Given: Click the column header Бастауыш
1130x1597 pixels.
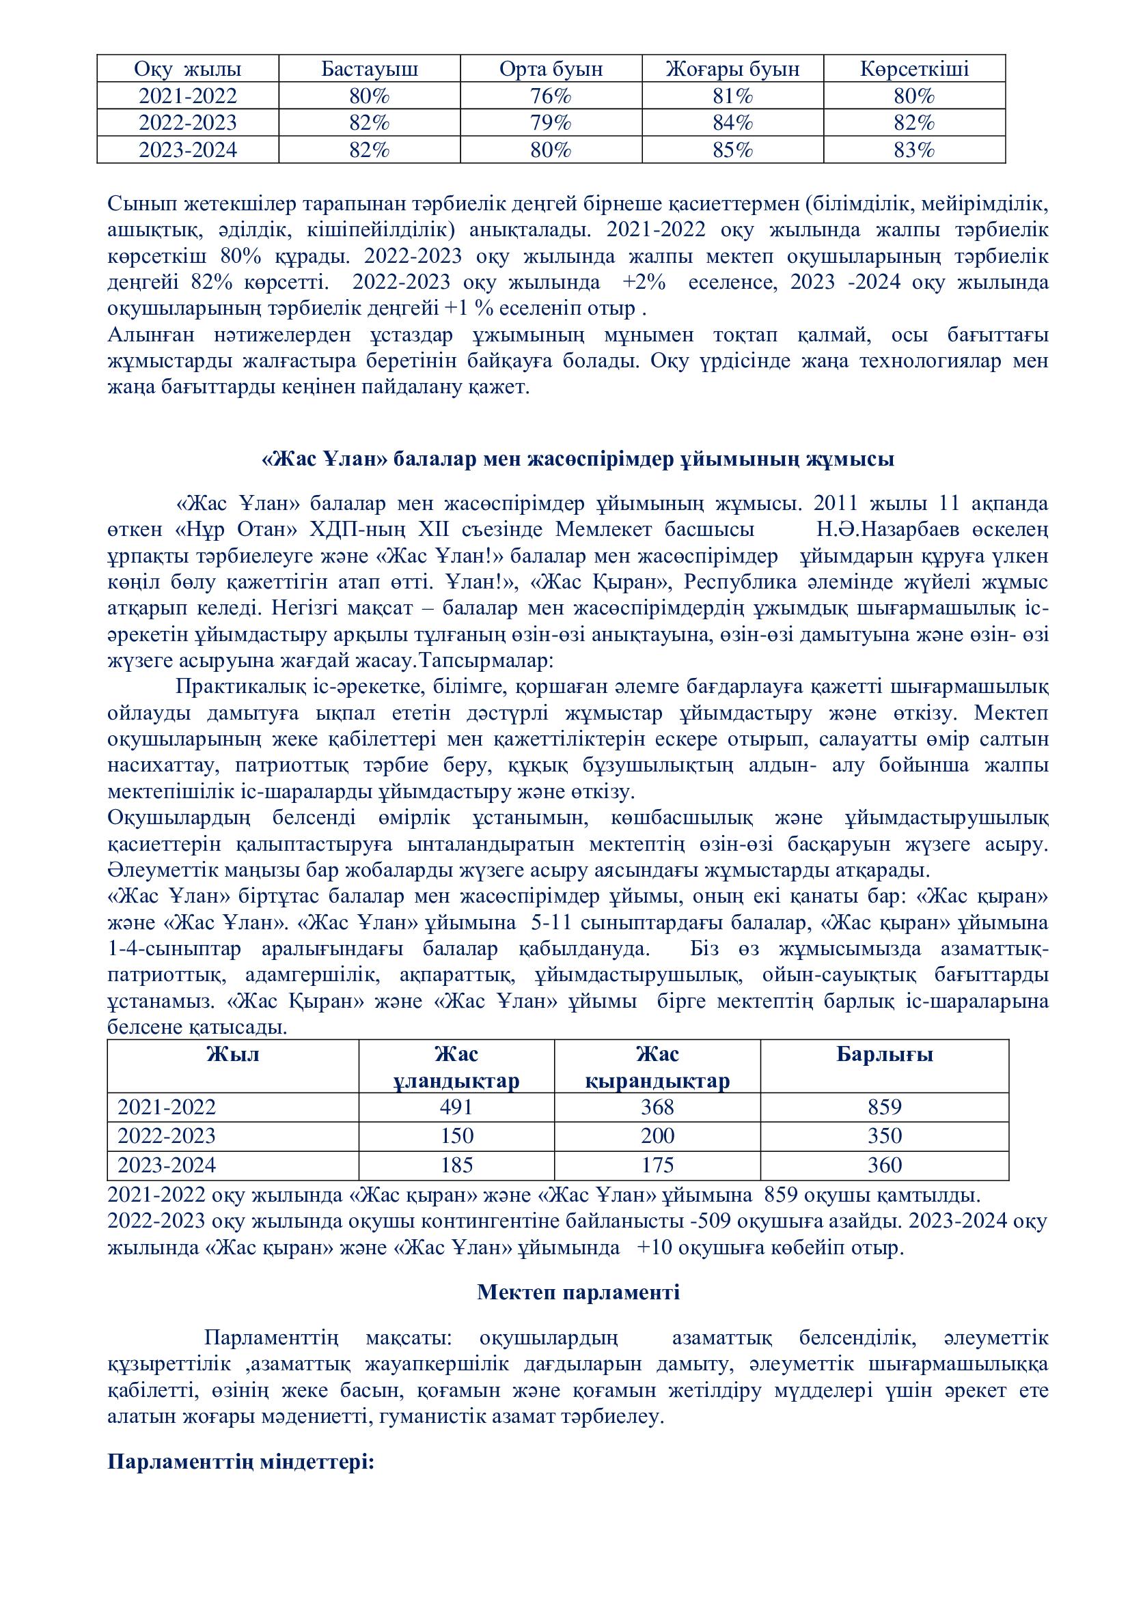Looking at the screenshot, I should pos(370,70).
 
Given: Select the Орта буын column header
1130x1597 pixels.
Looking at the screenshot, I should pos(551,70).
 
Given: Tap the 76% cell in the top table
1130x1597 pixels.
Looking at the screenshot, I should pos(551,96).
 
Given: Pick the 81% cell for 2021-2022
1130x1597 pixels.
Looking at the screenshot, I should pos(732,96).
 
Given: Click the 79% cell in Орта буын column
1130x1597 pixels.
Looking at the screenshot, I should pos(551,123).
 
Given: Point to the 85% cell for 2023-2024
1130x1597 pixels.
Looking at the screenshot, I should pos(732,150).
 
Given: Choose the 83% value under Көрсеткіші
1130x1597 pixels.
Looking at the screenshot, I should pos(914,150).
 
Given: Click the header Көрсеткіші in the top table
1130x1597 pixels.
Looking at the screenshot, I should pos(914,70).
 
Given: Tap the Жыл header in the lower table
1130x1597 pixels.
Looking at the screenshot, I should pos(232,1054).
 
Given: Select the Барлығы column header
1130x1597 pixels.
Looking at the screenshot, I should pos(884,1054).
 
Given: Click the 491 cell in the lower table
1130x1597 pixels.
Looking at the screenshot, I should pos(456,1107).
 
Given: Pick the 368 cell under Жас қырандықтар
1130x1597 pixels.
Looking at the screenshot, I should pos(657,1107).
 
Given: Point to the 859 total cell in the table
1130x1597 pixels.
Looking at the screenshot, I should pos(884,1107).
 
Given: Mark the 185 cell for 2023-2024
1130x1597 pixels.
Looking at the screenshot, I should pos(456,1165).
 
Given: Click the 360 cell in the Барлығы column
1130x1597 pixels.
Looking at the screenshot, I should pos(884,1165).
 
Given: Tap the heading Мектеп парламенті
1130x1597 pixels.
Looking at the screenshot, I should pos(578,1292).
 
